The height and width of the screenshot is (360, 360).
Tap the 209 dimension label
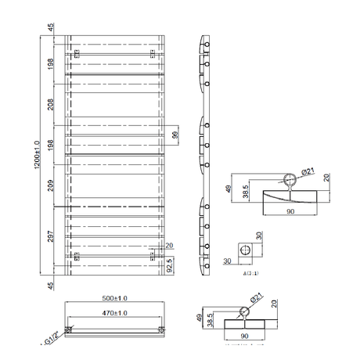tap(52, 186)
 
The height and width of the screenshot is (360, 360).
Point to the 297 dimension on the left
tap(52, 238)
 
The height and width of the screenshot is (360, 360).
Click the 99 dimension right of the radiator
tap(176, 136)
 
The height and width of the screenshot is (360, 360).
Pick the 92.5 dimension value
tap(171, 265)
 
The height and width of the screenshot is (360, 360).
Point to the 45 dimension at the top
tap(52, 29)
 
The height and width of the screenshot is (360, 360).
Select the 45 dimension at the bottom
tap(52, 284)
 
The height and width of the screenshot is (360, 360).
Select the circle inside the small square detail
tap(247, 250)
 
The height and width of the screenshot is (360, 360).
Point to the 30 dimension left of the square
tap(228, 261)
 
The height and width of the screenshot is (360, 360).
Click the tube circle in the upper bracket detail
tap(290, 178)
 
